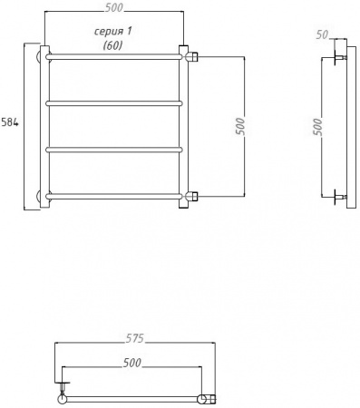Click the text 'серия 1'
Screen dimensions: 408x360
pos(114,31)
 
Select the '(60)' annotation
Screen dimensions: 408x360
pos(113,44)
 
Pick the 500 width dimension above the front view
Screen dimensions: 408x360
pos(114,9)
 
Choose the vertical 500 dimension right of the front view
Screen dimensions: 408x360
pos(239,126)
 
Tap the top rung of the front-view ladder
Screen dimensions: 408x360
pos(113,56)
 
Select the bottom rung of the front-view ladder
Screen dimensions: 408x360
pos(113,195)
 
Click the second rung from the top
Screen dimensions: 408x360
pos(113,102)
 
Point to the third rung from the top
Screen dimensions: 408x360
pos(113,149)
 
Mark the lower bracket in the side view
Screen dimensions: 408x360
pos(338,195)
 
